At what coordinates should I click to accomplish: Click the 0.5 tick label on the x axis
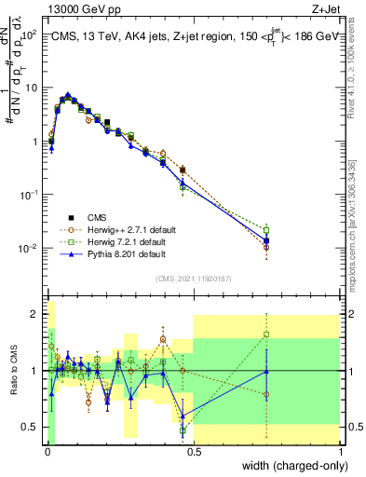[193, 451]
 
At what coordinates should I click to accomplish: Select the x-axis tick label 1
[339, 451]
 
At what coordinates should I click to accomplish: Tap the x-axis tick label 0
[47, 451]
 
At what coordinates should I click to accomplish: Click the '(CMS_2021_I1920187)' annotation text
[193, 277]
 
